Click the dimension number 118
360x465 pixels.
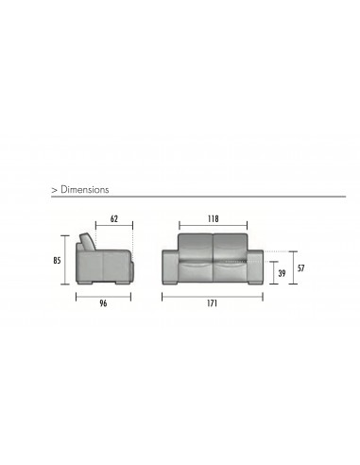click(x=214, y=216)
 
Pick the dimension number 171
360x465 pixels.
click(x=214, y=304)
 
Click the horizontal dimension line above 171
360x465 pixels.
click(x=214, y=295)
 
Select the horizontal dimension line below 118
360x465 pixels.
click(x=214, y=227)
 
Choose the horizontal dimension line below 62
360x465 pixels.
click(x=114, y=227)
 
